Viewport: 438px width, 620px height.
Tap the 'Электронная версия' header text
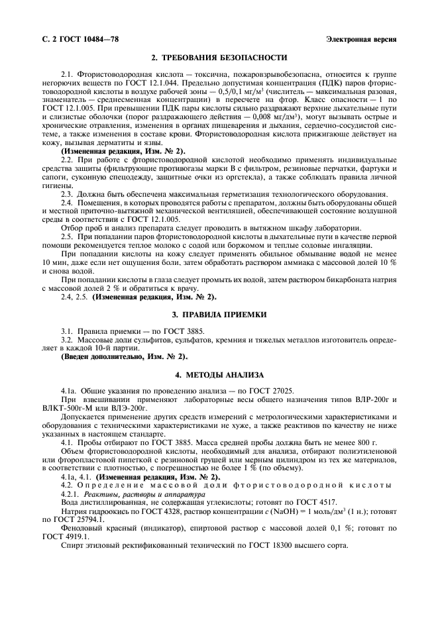[x=362, y=40]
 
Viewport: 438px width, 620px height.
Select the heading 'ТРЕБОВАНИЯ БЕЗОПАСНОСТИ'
[x=225, y=58]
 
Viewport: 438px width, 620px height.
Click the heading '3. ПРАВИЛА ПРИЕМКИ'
[x=219, y=313]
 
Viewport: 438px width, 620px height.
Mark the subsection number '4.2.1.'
[x=70, y=493]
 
